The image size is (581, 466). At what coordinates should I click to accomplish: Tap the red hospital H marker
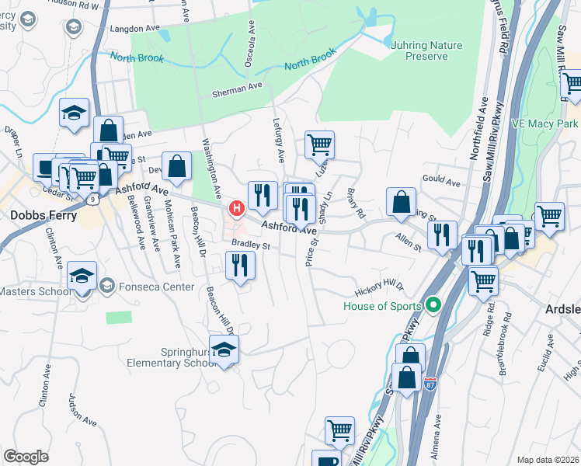(x=236, y=209)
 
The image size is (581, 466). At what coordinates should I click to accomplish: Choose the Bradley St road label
(x=249, y=246)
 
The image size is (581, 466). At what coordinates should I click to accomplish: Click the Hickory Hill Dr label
(x=380, y=288)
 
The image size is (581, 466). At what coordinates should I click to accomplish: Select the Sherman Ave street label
(x=238, y=89)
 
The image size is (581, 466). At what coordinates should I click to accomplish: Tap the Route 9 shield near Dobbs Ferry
(x=93, y=200)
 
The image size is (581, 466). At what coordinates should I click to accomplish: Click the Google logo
(x=26, y=457)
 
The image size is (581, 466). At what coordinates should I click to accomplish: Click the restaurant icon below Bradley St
(x=240, y=266)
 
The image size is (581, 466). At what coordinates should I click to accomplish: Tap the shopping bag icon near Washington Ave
(x=178, y=166)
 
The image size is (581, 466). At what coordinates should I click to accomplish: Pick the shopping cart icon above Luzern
(x=319, y=144)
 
